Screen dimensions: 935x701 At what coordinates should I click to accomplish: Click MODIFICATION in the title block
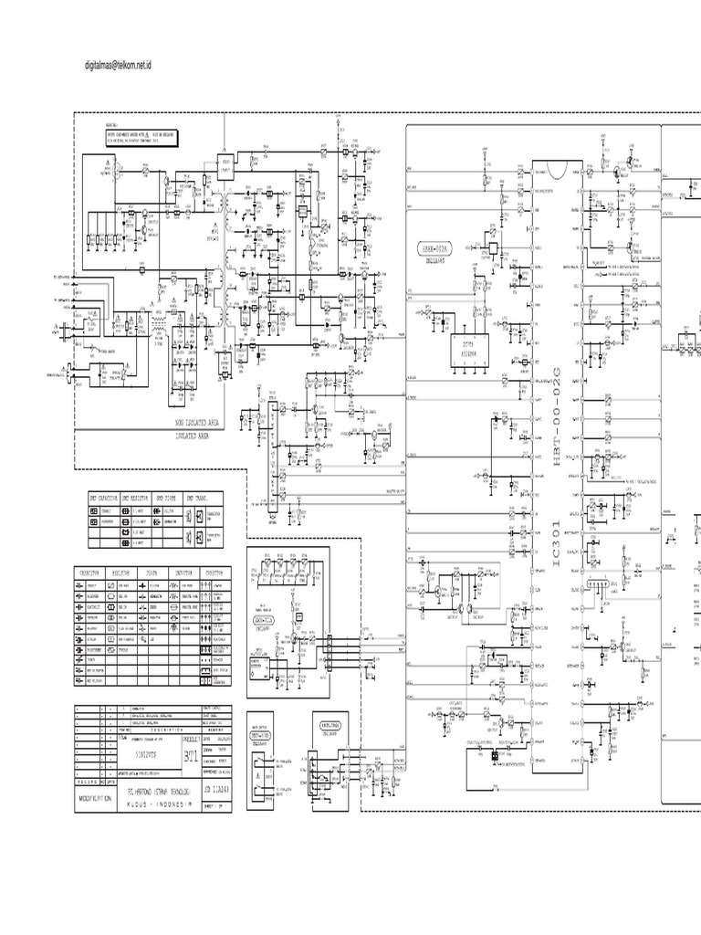[95, 797]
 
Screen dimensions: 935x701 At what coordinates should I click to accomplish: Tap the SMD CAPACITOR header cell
[103, 498]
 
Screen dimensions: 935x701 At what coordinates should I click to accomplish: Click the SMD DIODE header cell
[167, 498]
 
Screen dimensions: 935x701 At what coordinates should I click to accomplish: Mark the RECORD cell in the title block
[89, 781]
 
